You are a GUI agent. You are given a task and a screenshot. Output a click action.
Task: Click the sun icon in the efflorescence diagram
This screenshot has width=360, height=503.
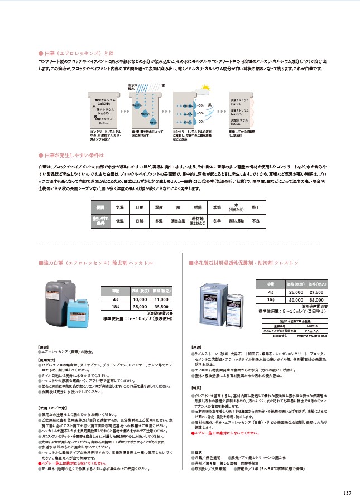[x=205, y=88]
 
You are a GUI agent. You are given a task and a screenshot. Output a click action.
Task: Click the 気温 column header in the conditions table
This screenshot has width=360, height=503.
[x=119, y=207]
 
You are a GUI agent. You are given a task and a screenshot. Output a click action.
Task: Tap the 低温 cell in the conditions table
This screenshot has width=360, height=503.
[x=119, y=220]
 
